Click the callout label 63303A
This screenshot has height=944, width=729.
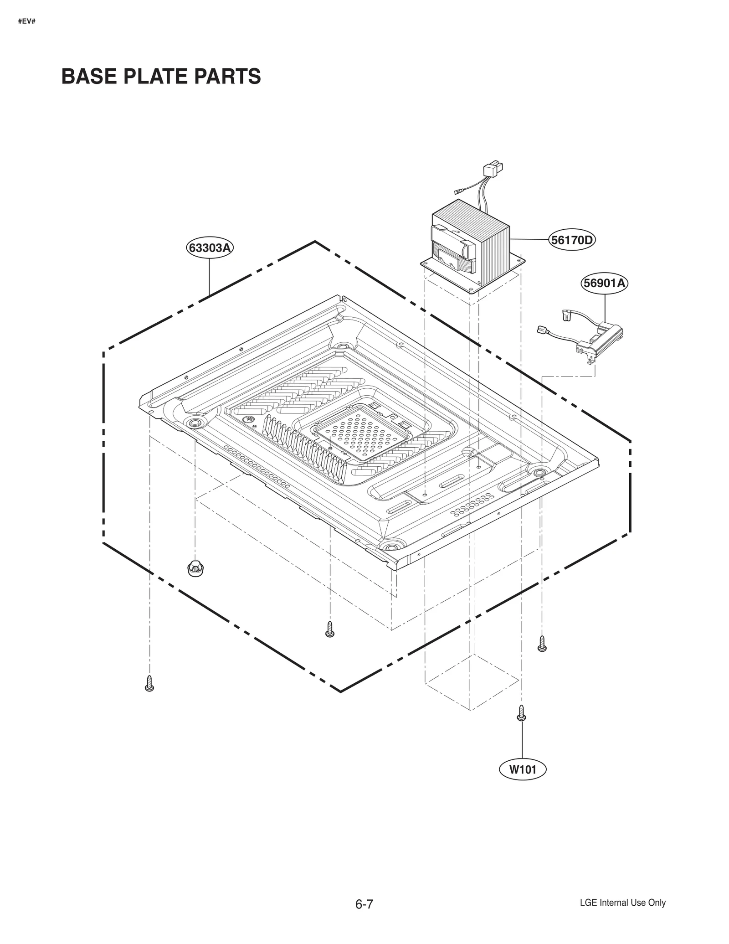[x=210, y=248]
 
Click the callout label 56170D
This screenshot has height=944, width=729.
[x=572, y=240]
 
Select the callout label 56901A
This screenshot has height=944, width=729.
[x=605, y=283]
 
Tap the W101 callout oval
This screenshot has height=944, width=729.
[x=522, y=769]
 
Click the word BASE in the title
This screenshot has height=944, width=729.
[x=88, y=76]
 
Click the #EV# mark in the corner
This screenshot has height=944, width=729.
[x=27, y=21]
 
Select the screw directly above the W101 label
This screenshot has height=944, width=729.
[x=522, y=713]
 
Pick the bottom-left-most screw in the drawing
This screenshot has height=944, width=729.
[x=149, y=683]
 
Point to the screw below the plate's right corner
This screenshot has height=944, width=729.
[x=542, y=643]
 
